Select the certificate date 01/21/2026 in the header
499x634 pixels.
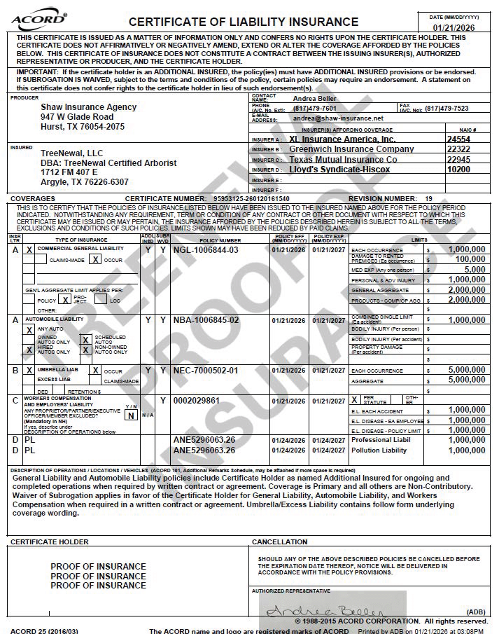click(x=454, y=27)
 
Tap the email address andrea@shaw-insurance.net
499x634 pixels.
click(x=338, y=118)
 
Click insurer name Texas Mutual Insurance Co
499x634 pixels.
click(x=343, y=160)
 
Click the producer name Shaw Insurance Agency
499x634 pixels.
click(x=89, y=107)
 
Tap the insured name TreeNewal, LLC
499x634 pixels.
click(x=71, y=153)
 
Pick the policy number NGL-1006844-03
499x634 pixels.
click(x=206, y=250)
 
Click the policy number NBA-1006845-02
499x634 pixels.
click(x=206, y=320)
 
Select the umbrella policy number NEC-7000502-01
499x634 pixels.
click(x=206, y=371)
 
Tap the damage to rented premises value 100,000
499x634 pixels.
click(x=470, y=259)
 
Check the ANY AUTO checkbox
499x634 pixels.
click(x=29, y=329)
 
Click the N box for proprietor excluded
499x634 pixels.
click(x=130, y=415)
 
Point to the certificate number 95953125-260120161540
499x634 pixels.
click(x=250, y=199)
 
